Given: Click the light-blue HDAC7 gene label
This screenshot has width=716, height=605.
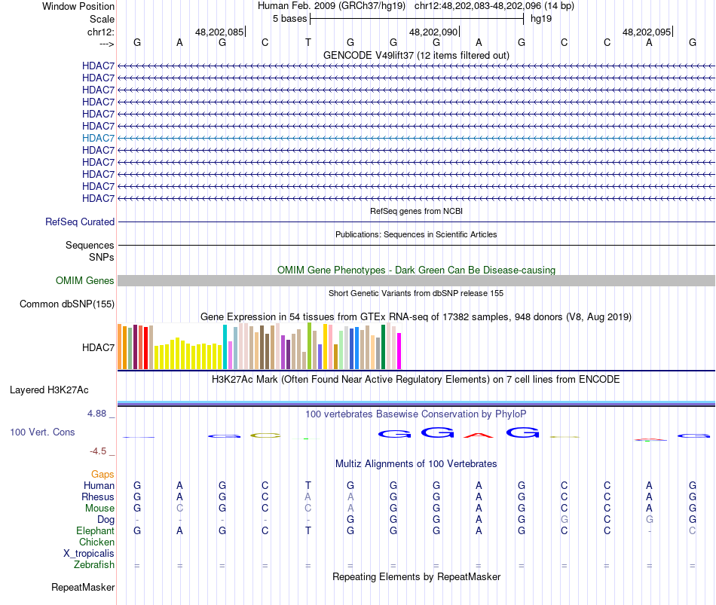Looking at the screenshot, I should click(x=99, y=138).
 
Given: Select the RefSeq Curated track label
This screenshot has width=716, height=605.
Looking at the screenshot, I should click(x=80, y=222).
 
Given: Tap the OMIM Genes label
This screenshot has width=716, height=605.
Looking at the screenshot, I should click(x=85, y=281).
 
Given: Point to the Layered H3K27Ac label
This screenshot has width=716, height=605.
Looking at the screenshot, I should click(x=49, y=390).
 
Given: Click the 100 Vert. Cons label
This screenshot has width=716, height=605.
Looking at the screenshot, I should click(x=42, y=432).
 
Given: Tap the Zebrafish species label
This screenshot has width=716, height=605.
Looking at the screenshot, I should click(x=94, y=564).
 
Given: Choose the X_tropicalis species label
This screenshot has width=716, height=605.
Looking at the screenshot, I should click(x=89, y=553).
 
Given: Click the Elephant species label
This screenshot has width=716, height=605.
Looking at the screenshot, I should click(x=95, y=530).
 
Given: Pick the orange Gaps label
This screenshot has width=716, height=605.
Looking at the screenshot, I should click(x=103, y=474).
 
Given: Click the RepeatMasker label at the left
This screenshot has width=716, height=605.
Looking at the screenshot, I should click(x=83, y=587).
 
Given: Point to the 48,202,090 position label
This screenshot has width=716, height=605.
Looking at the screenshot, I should click(x=433, y=32).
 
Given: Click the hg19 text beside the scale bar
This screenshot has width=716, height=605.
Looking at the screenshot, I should click(x=541, y=18).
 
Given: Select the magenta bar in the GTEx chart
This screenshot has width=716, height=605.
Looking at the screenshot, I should click(x=399, y=351).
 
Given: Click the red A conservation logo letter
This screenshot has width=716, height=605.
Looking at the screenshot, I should click(x=479, y=434).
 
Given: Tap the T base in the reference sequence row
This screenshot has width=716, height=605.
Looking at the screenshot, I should click(x=308, y=43).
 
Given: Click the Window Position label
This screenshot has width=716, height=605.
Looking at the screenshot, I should click(x=78, y=6).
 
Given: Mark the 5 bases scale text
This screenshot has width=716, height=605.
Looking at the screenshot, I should click(x=289, y=18).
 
